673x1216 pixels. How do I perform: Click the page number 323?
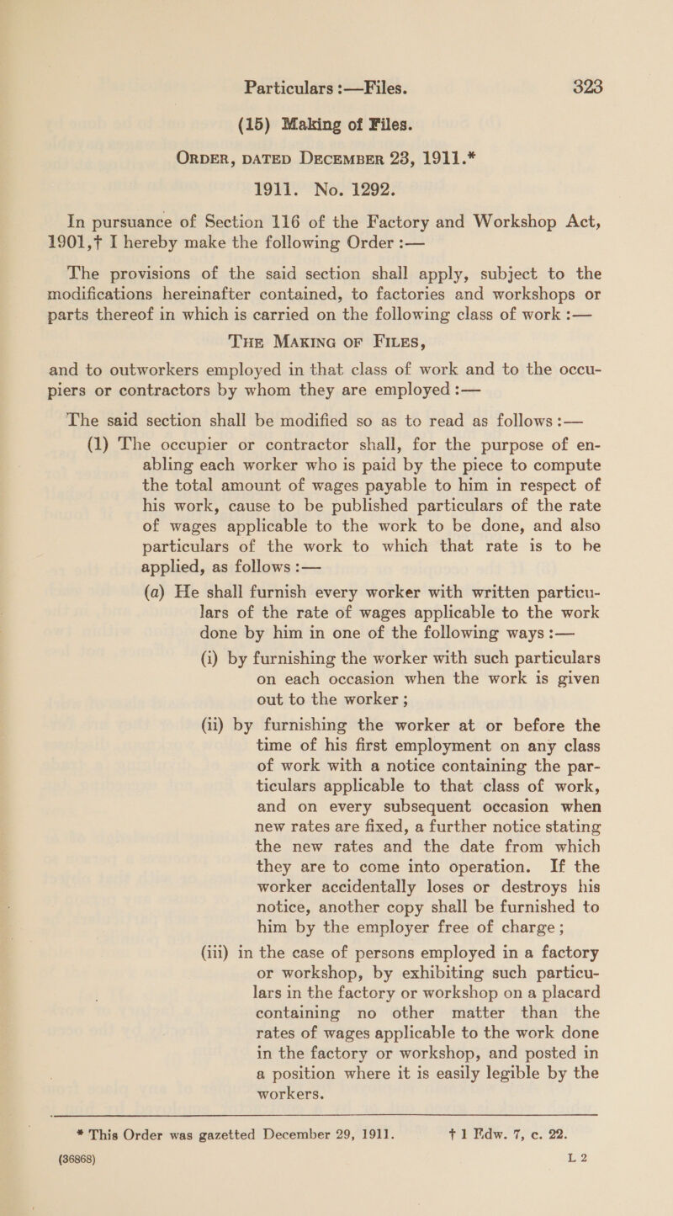pyautogui.click(x=597, y=15)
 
